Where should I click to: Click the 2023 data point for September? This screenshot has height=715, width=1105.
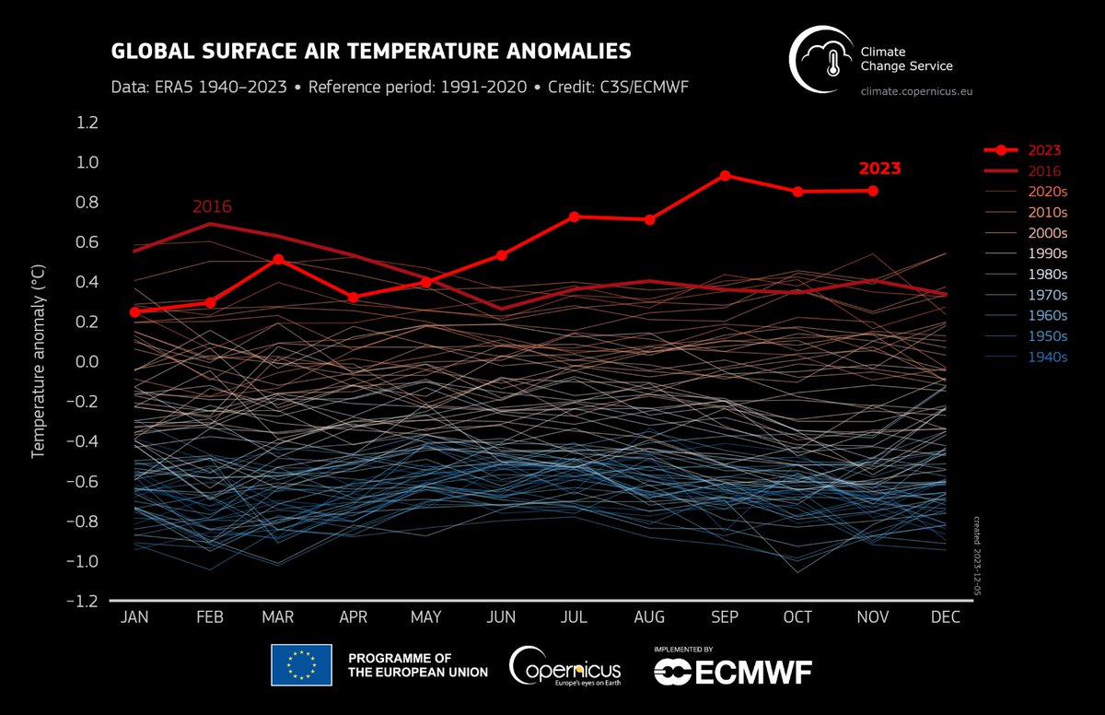coord(725,175)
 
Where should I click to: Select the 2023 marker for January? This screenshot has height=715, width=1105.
coord(135,311)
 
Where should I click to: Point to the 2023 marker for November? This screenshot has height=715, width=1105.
coord(872,191)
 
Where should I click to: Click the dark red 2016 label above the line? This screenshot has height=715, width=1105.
coord(212,206)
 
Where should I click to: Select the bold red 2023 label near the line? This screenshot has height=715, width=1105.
coord(879,169)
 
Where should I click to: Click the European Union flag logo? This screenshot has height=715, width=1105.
coord(300,665)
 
